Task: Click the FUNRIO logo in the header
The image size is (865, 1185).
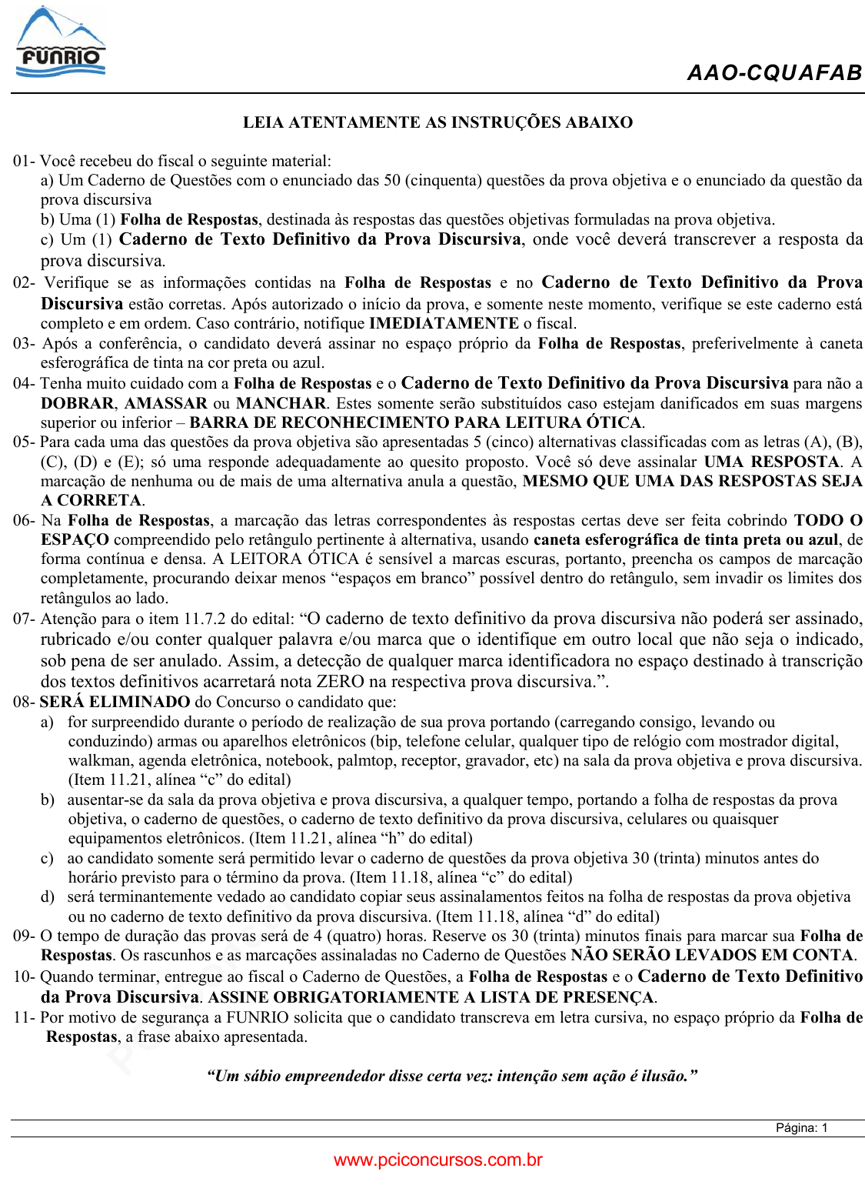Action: point(60,43)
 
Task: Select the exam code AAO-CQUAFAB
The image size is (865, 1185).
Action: point(774,73)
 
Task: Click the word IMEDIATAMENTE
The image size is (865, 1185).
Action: point(444,323)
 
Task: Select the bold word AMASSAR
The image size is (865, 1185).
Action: point(166,403)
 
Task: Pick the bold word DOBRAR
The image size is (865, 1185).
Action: point(78,403)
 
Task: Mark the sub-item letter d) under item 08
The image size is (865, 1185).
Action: point(48,897)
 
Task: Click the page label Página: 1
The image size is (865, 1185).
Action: point(801,1128)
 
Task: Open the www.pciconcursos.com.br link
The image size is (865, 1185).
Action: point(437,1160)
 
